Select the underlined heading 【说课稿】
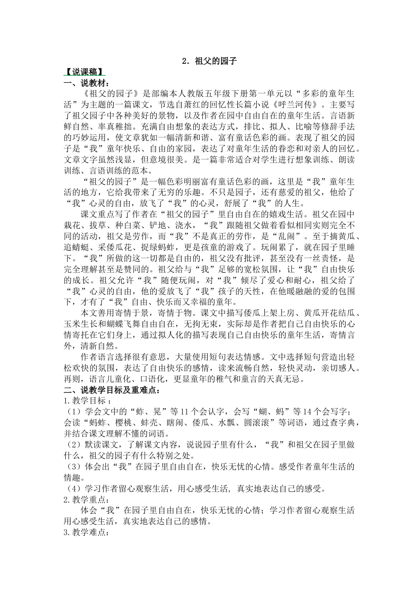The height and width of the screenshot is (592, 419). [x=84, y=72]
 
